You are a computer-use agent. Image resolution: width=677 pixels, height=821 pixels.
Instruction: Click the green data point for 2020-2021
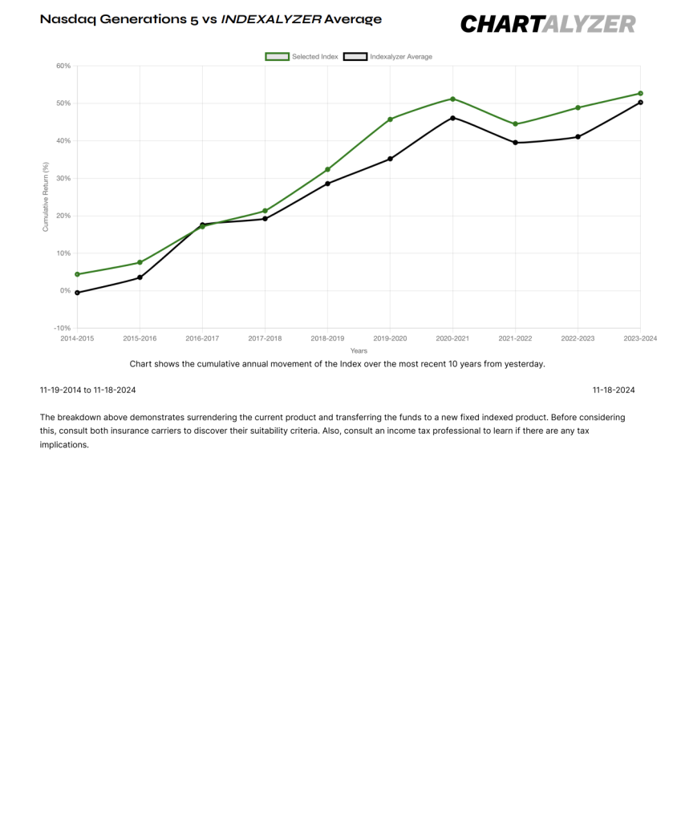452,99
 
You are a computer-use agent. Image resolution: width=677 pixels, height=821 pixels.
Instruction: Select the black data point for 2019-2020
390,159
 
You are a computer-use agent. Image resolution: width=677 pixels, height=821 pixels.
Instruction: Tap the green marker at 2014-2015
78,274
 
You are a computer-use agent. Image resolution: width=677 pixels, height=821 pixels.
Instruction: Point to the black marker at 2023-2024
640,103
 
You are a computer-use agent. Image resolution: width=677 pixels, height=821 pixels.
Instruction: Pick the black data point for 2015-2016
140,277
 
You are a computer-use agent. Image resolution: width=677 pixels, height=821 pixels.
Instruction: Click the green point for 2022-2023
578,108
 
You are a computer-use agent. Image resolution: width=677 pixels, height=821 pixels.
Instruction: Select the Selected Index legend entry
302,57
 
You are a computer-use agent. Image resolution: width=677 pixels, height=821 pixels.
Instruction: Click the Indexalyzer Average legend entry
387,57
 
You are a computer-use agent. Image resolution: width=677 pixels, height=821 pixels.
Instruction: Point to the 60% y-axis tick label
63,66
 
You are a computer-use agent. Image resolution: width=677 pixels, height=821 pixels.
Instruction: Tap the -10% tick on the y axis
63,328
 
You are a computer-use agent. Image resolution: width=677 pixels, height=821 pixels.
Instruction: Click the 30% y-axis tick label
63,179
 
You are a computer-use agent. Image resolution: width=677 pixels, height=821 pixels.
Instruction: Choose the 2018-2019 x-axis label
327,339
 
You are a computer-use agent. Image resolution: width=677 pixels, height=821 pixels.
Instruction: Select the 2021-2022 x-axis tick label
515,339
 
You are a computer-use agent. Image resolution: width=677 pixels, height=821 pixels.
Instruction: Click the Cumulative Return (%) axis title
46,197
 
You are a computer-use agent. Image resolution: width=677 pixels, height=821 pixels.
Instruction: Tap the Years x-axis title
359,351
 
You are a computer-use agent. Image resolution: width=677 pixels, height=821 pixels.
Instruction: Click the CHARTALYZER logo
548,24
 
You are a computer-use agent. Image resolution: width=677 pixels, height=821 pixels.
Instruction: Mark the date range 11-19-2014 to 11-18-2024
88,390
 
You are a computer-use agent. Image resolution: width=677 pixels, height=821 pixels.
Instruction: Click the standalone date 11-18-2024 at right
614,390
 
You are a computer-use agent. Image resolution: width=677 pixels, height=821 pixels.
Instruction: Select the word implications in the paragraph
64,445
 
